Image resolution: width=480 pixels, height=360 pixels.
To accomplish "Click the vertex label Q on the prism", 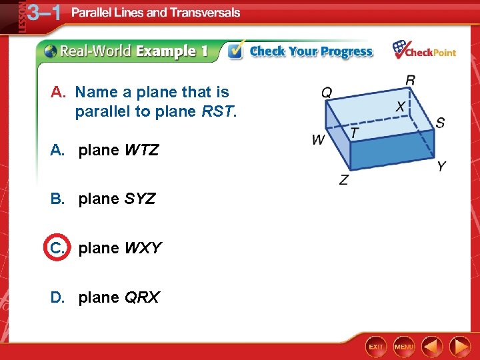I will point(327,92).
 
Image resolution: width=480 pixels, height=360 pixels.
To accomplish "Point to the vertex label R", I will point(411,80).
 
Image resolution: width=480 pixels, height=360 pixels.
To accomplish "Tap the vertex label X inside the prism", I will point(401,107).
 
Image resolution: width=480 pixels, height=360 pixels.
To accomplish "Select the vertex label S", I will point(440,123).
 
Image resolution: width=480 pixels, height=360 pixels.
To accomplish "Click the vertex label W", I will point(319,140).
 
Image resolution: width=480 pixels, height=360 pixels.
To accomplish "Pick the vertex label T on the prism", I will point(354,133).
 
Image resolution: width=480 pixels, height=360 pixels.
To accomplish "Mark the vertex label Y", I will point(441,166).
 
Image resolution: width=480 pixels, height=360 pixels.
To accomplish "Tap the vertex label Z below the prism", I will point(343,180).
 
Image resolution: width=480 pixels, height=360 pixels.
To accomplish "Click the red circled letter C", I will point(56,248).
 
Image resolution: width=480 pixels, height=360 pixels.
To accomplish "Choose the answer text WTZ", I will point(141,150).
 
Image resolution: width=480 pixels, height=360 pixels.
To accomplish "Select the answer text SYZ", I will point(140,199).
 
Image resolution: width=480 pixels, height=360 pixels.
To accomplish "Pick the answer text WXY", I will point(143,248).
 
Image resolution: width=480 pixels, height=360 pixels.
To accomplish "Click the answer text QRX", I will point(142,297).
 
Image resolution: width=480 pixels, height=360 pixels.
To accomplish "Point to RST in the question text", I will point(218,111).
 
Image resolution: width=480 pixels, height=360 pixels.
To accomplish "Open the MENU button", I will point(404,347).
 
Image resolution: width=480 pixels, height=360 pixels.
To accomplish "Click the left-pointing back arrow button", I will point(432,347).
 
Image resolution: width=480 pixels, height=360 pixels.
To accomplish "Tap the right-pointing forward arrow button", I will point(460,347).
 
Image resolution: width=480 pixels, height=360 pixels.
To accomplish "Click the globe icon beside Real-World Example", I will point(51,51).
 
